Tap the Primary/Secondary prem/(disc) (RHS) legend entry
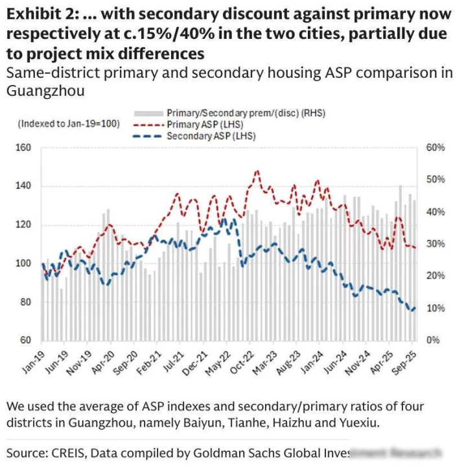point(245,113)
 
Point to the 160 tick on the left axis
point(23,148)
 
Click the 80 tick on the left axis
point(26,302)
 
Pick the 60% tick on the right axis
point(435,148)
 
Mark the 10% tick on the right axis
point(435,308)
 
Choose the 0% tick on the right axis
point(432,340)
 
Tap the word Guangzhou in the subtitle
point(45,91)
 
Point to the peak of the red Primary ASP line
point(257,171)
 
